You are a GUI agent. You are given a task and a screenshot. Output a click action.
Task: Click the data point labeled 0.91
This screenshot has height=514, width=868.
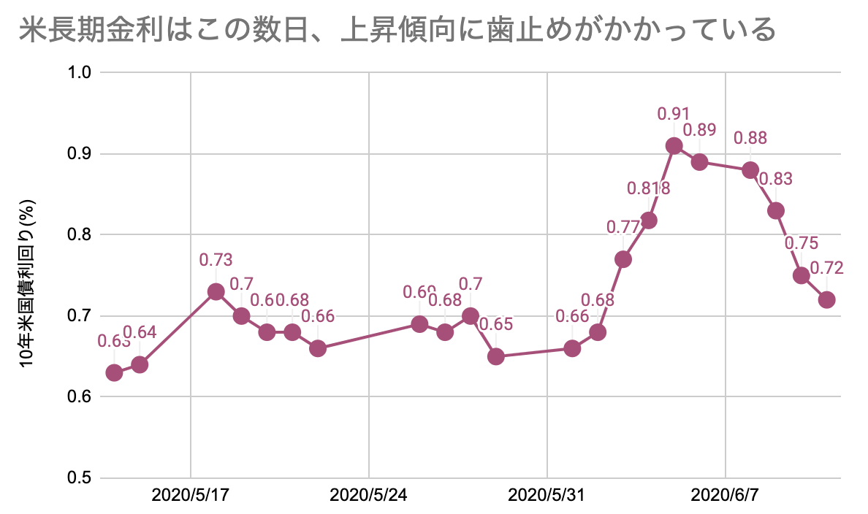(x=674, y=146)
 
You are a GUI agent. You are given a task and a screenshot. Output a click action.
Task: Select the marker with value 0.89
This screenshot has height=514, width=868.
(x=699, y=162)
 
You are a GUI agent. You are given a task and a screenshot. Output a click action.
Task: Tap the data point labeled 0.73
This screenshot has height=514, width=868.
(x=216, y=292)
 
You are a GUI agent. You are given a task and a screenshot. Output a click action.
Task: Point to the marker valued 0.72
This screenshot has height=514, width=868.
(x=827, y=300)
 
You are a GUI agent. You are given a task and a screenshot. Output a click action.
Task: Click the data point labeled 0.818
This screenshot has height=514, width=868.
(x=648, y=220)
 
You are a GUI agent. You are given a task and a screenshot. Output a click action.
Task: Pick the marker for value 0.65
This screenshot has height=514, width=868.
(x=496, y=356)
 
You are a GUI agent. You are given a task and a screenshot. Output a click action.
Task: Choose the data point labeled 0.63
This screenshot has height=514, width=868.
(x=114, y=373)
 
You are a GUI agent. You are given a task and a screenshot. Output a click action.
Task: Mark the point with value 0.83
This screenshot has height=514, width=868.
(x=776, y=211)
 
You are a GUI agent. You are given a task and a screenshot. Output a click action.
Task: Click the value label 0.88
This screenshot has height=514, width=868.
(x=750, y=137)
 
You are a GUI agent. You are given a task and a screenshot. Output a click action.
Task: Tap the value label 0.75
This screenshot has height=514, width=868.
(x=801, y=243)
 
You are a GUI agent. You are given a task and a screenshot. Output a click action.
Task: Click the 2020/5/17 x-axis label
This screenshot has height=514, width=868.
(x=190, y=496)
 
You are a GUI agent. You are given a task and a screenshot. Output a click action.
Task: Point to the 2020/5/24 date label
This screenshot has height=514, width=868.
(x=368, y=496)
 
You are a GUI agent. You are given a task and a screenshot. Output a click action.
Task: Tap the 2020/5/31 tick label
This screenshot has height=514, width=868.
(x=547, y=496)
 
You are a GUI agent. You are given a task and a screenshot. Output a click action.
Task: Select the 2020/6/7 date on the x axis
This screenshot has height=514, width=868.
(x=725, y=496)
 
